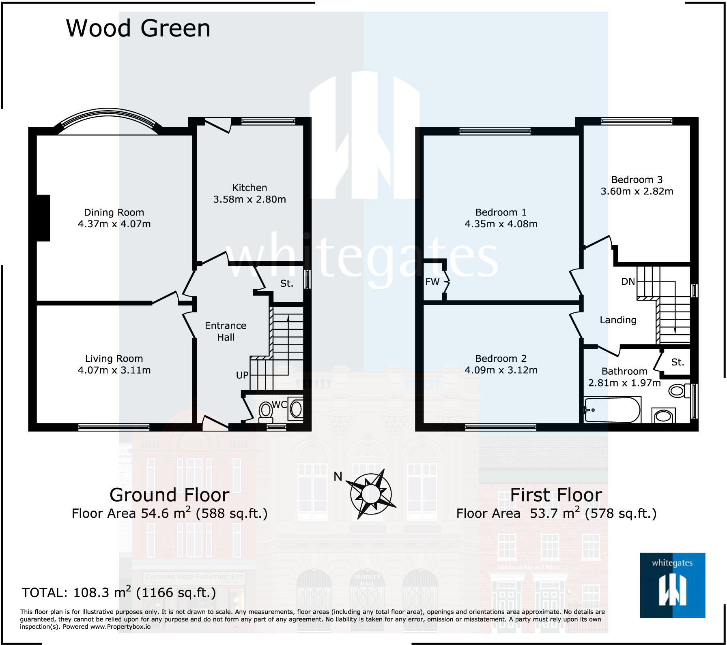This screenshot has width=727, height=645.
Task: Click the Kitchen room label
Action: coord(250,188)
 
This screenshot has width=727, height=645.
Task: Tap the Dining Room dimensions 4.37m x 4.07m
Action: coord(114,224)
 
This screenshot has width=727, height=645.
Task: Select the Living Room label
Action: coord(114,359)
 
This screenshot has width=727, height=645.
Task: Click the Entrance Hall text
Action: coord(226,331)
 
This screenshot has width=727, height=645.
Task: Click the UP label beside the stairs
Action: coord(242,375)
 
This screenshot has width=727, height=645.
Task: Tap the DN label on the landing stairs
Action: coord(628,282)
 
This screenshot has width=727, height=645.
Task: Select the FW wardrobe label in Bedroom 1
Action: coord(432,282)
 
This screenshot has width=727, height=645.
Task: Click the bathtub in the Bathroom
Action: coord(612,410)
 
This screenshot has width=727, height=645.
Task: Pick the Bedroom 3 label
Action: coord(637,180)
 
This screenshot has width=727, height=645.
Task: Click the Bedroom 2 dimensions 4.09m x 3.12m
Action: coord(501,370)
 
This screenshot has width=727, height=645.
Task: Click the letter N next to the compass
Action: coord(338,477)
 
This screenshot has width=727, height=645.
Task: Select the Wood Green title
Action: coord(138,28)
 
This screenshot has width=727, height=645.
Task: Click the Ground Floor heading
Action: coord(170,495)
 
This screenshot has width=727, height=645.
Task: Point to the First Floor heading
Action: coord(556,495)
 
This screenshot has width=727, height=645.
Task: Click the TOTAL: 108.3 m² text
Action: coord(118,593)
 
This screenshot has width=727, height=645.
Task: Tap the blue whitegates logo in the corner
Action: coord(672,585)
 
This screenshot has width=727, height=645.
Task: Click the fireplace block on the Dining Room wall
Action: coord(43,218)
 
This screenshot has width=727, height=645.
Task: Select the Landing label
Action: coord(618,320)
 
